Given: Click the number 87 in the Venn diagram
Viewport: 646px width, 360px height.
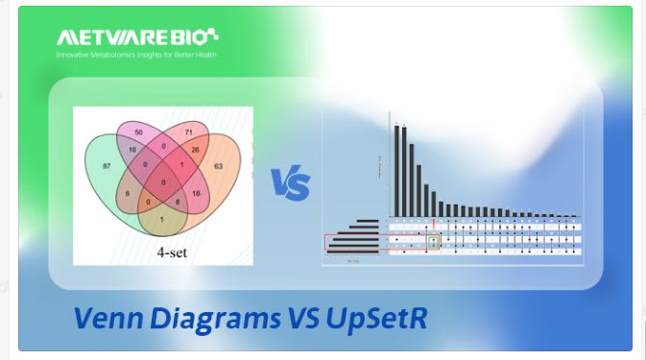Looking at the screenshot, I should pos(106,167).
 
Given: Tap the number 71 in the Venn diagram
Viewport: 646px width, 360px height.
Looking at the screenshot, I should pos(189,130).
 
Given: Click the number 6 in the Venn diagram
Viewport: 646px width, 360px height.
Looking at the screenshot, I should pos(126,194).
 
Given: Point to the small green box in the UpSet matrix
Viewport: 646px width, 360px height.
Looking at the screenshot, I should pos(432,243).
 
